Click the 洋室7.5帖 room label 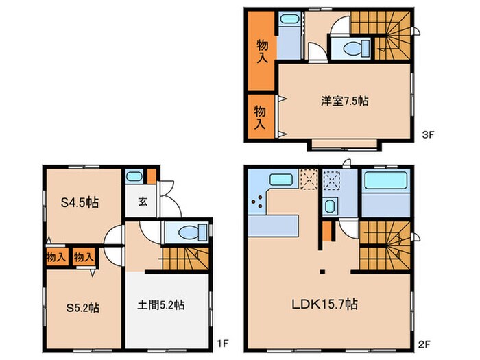coord(344,101)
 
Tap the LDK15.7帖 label coord(324,304)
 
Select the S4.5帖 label coord(80,203)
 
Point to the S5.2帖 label coord(83,308)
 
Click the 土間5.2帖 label coord(160,305)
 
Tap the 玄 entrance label coord(143,202)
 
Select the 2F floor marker coord(424,345)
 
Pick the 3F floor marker coord(428,134)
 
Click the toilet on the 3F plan coord(356,49)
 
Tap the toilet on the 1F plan coord(193,232)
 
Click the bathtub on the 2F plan coord(385,180)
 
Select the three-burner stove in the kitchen coord(257,202)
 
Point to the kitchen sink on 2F coord(281,179)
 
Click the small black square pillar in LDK coord(322,272)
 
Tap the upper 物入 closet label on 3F coord(262,51)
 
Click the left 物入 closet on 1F coord(56,257)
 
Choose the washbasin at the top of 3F coord(289,19)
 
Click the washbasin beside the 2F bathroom coord(329,206)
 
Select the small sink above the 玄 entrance coord(134,177)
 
